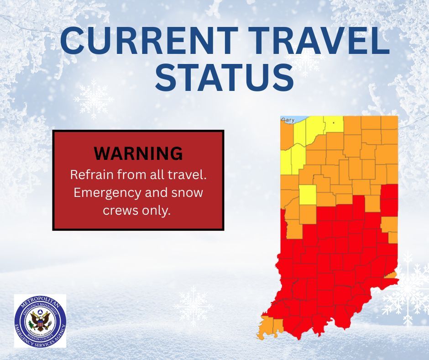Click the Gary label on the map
(x=288, y=120)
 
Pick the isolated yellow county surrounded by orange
(x=309, y=194)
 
